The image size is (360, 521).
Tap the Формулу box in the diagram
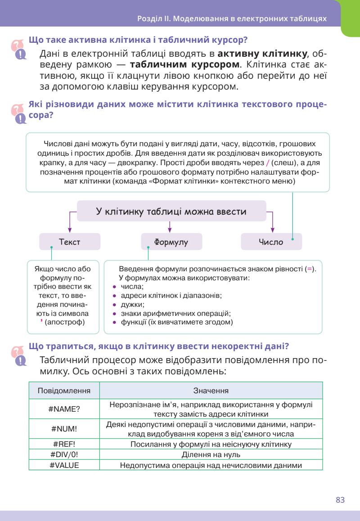coord(171,242)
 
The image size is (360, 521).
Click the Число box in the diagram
coord(271,242)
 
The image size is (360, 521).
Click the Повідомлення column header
coord(64,391)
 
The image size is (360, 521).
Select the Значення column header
coord(210,391)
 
